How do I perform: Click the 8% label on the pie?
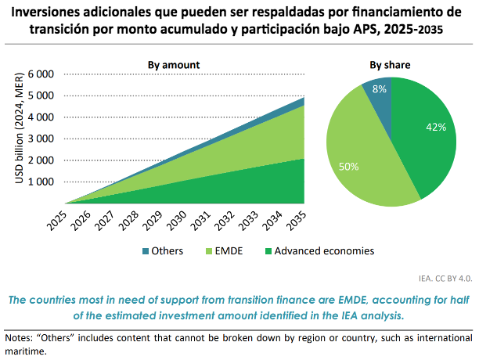tap(380, 89)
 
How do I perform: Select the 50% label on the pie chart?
tap(349, 167)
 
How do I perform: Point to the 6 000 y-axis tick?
tap(41, 74)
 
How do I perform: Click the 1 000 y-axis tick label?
tap(41, 182)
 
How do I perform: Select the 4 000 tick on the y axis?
tap(41, 117)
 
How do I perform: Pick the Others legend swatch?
tap(146, 251)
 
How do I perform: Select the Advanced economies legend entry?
tap(318, 251)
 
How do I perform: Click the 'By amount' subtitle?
tap(174, 64)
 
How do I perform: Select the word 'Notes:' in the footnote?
tap(21, 337)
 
